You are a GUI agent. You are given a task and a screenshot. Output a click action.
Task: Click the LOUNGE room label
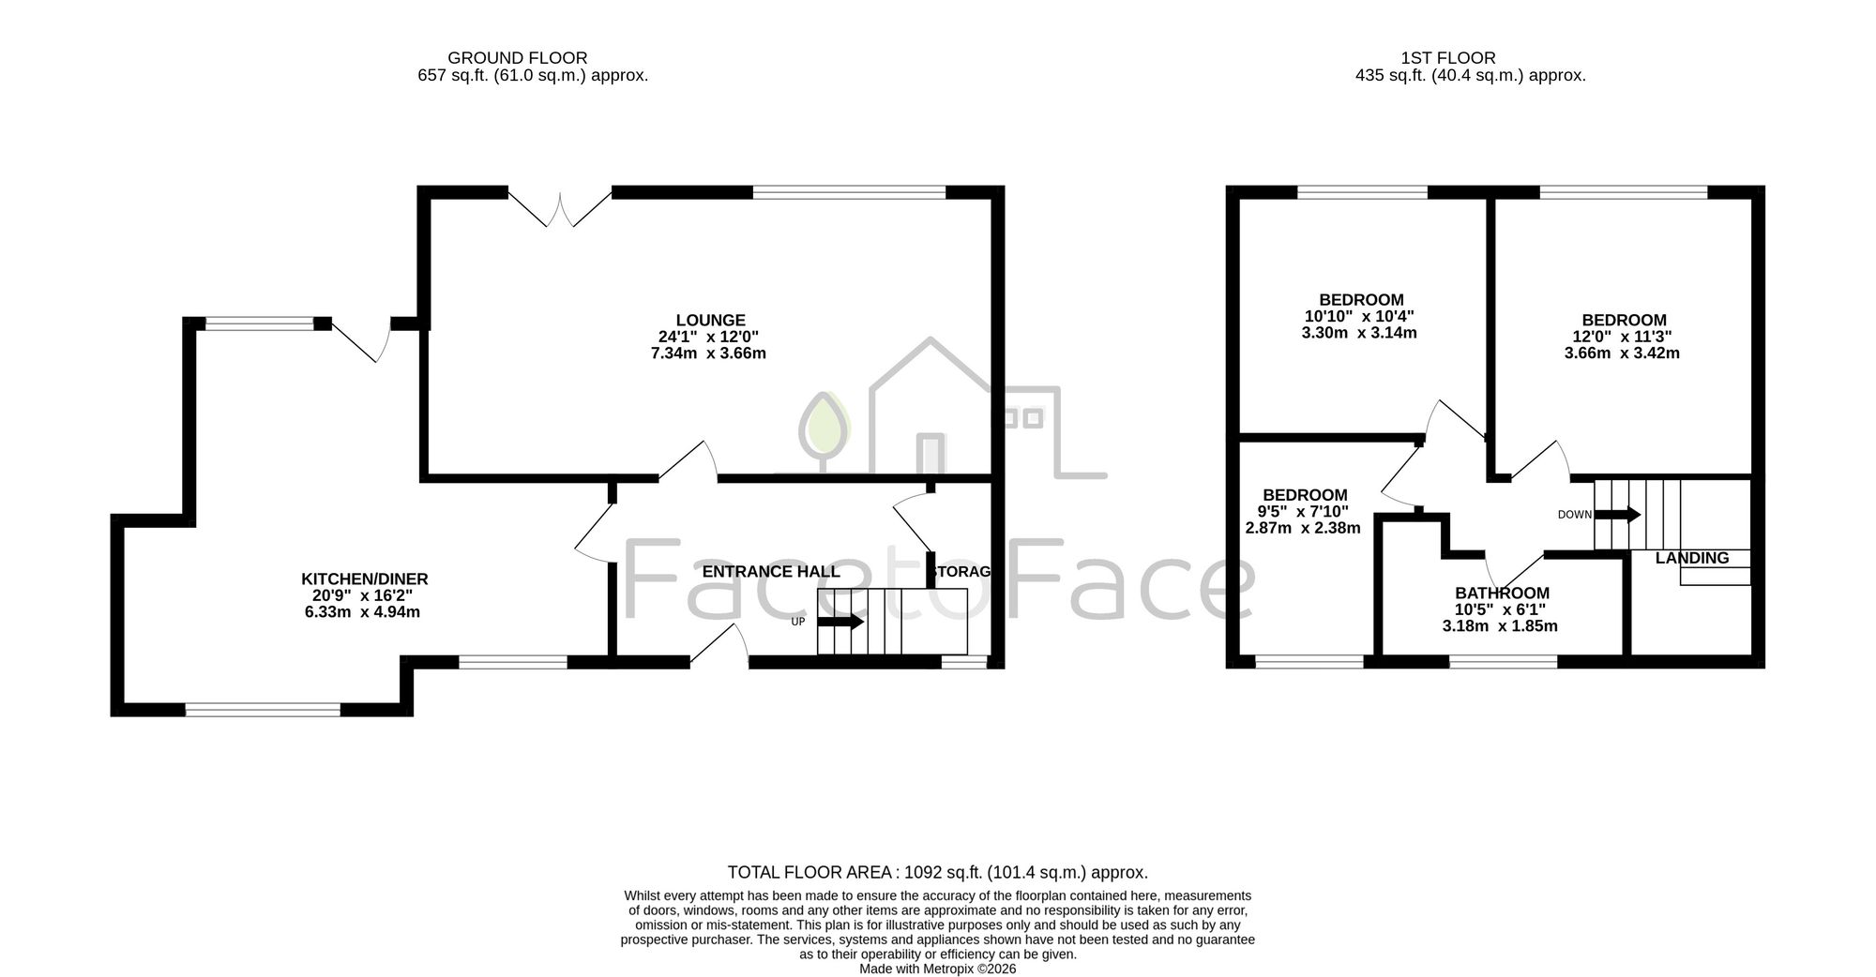tap(711, 321)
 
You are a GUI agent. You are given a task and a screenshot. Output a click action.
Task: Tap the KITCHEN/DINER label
tap(364, 579)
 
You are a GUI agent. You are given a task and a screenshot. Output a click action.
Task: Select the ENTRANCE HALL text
tap(771, 572)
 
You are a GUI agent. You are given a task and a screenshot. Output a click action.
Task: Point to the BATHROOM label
tap(1502, 594)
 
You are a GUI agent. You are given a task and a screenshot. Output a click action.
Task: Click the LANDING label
tap(1692, 558)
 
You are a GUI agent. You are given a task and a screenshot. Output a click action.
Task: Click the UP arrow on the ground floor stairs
tap(840, 622)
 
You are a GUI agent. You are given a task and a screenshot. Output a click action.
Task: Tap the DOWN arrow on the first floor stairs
tap(1617, 514)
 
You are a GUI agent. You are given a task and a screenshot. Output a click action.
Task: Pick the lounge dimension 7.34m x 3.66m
tap(708, 353)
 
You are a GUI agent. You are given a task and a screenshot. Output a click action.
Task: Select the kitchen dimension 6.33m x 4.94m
tap(362, 612)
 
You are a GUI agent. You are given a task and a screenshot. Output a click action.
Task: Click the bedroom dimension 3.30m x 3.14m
tap(1359, 333)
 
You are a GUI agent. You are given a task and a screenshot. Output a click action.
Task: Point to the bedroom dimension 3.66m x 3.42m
tap(1622, 353)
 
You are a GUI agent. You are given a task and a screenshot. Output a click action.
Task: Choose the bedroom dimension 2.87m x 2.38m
tap(1303, 528)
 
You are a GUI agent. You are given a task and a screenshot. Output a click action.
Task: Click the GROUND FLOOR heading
tap(518, 58)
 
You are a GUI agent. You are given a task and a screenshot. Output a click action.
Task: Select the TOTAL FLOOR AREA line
tap(938, 872)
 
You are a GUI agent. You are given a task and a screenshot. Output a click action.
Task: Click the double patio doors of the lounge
tap(560, 208)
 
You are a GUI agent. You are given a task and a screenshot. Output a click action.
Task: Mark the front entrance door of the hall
tap(719, 647)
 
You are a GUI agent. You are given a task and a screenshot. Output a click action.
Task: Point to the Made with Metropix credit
tap(938, 969)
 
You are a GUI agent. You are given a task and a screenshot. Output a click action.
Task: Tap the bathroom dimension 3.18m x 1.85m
tap(1500, 625)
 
